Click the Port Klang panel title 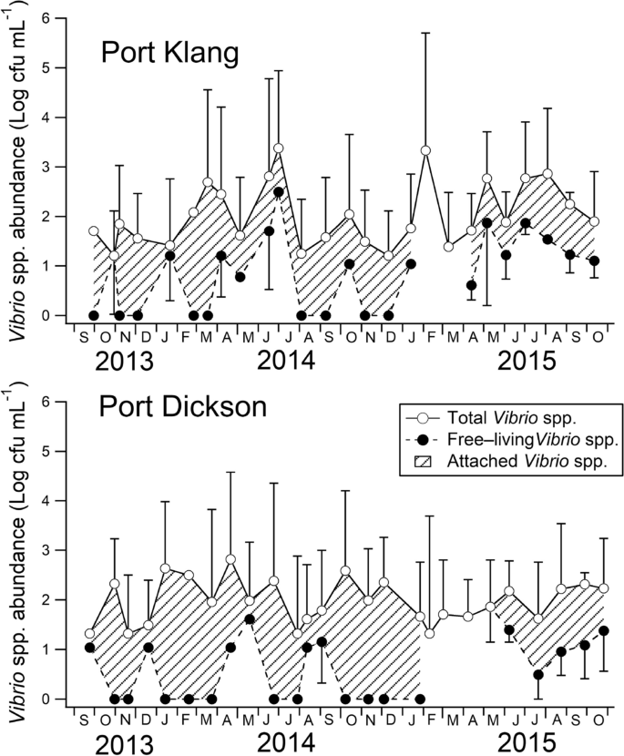point(169,56)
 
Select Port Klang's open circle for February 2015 point(425,150)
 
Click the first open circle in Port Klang point(94,231)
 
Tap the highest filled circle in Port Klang point(279,191)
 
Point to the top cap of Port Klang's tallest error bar point(425,33)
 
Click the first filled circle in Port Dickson point(89,648)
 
